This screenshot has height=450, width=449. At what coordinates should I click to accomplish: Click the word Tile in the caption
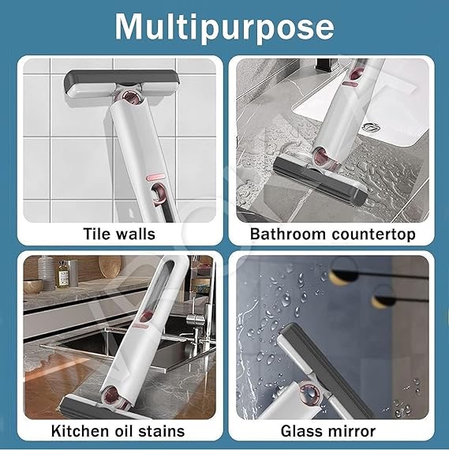[x=99, y=234]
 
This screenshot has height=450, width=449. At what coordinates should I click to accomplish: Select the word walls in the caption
[x=137, y=234]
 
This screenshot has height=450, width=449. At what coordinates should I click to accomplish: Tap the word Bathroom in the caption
[x=284, y=234]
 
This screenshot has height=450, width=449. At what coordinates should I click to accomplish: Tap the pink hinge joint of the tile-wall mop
[x=130, y=99]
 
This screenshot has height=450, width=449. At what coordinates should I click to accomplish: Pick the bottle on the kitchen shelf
[x=62, y=275]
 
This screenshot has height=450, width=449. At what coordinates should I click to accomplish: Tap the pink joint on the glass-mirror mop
[x=321, y=388]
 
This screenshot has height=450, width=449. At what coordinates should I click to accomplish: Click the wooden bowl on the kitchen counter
[x=33, y=285]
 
